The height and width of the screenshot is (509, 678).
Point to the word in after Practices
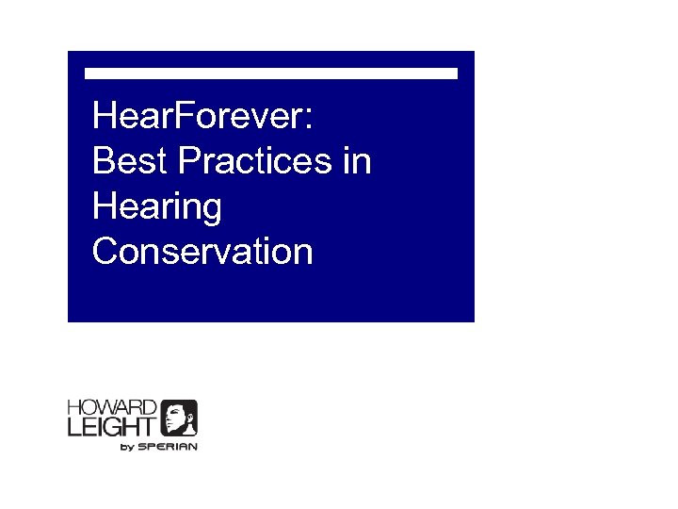coord(357,162)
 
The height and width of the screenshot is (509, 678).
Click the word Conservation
coord(202,252)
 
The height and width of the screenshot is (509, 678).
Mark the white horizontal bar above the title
coord(271,73)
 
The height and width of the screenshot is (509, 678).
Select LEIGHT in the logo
coord(111,427)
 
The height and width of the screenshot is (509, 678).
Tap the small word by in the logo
coord(128,447)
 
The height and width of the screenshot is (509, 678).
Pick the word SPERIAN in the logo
coord(168,447)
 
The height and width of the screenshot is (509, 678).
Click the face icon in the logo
coord(179,419)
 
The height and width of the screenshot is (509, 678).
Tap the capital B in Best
coord(104,162)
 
